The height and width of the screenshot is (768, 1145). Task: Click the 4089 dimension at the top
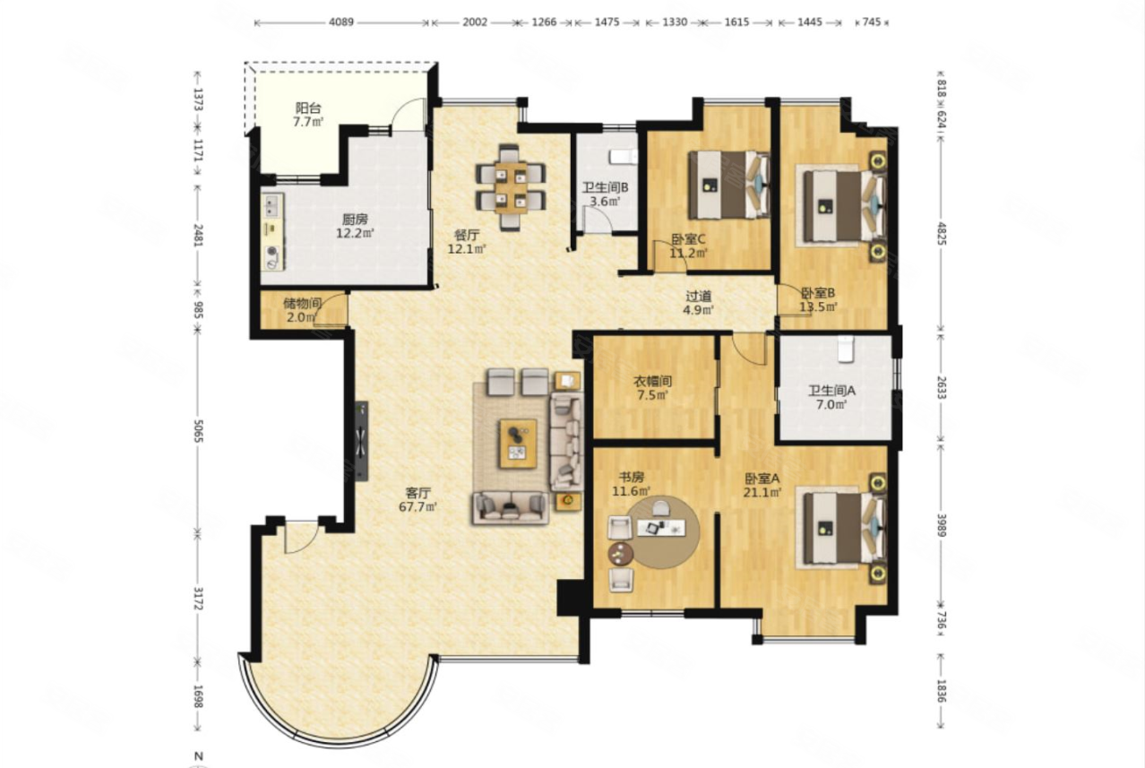341,22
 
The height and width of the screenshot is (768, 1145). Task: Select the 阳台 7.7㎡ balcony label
308,115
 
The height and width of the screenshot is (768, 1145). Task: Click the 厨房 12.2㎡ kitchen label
355,227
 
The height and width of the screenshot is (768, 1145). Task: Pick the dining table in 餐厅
511,187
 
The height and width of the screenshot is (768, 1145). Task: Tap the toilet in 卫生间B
623,157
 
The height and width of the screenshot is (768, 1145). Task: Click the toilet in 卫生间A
846,349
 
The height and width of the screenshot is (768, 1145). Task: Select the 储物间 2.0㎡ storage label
302,310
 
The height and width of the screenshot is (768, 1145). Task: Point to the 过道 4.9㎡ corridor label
698,303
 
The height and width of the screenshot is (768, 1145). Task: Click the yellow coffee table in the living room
519,444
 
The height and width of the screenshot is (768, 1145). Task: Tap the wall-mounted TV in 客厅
361,441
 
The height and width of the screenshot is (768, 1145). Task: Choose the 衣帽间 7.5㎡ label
652,388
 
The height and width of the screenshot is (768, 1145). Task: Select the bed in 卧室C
729,185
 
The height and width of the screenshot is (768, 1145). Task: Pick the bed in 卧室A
843,529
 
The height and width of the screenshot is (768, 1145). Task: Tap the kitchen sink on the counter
271,207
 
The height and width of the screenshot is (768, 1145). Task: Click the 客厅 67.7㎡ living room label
418,499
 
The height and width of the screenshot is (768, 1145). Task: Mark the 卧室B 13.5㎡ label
818,299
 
